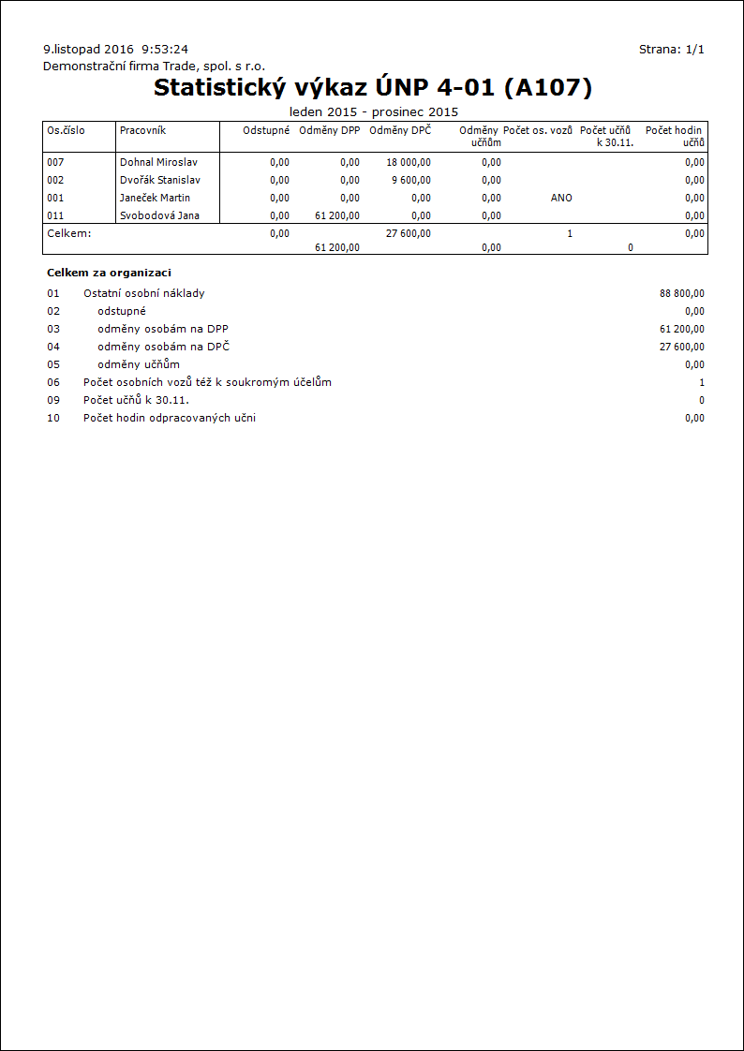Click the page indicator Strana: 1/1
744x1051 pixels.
(671, 49)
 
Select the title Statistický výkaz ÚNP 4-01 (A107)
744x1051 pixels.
(373, 87)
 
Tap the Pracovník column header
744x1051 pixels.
(142, 130)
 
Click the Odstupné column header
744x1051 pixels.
(266, 130)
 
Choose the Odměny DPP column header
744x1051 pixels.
(329, 130)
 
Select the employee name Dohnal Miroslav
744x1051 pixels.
(158, 162)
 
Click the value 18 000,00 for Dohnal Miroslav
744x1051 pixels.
(409, 162)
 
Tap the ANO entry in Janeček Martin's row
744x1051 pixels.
(561, 198)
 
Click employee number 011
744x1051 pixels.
(55, 215)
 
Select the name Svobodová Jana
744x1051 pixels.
(158, 215)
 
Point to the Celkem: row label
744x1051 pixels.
(69, 233)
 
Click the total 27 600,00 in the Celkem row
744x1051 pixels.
(409, 233)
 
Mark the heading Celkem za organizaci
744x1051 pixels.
(109, 273)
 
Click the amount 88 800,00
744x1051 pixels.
(682, 293)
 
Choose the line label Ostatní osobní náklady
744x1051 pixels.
(144, 293)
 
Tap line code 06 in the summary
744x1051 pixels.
(53, 382)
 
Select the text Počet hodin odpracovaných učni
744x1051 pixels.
(169, 418)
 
